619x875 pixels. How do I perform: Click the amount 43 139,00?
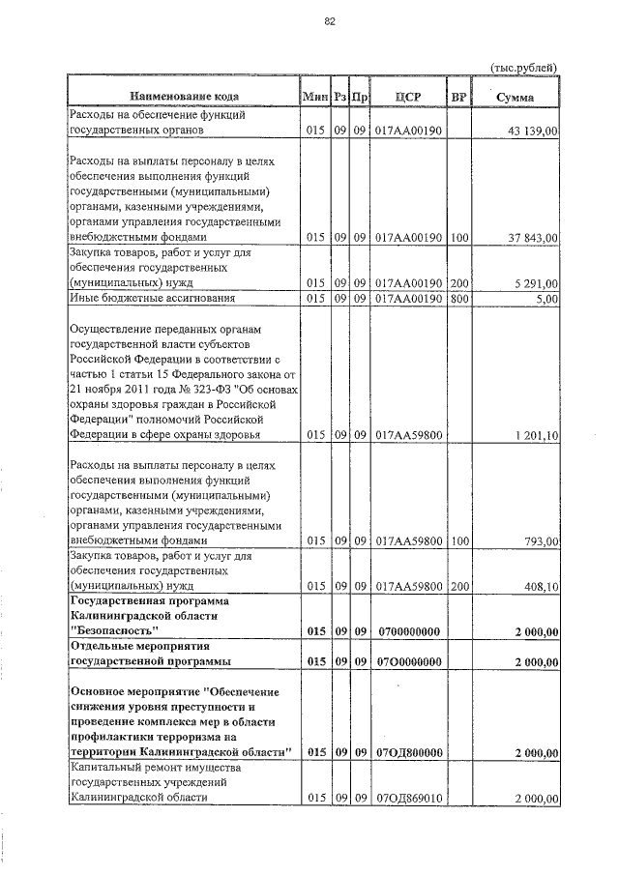pos(532,131)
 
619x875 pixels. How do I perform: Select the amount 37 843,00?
pos(532,238)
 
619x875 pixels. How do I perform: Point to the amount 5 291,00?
pos(534,283)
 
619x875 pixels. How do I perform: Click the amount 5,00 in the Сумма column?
pos(545,299)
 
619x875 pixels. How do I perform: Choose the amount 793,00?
pos(540,542)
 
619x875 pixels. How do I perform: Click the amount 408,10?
pos(540,586)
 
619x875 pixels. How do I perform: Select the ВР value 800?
pos(458,299)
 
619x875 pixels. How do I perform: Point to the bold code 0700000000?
pos(408,631)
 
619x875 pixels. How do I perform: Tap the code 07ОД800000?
pos(408,751)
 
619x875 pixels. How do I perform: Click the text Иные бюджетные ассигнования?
pos(151,299)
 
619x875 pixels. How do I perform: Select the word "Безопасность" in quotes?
pos(114,631)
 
